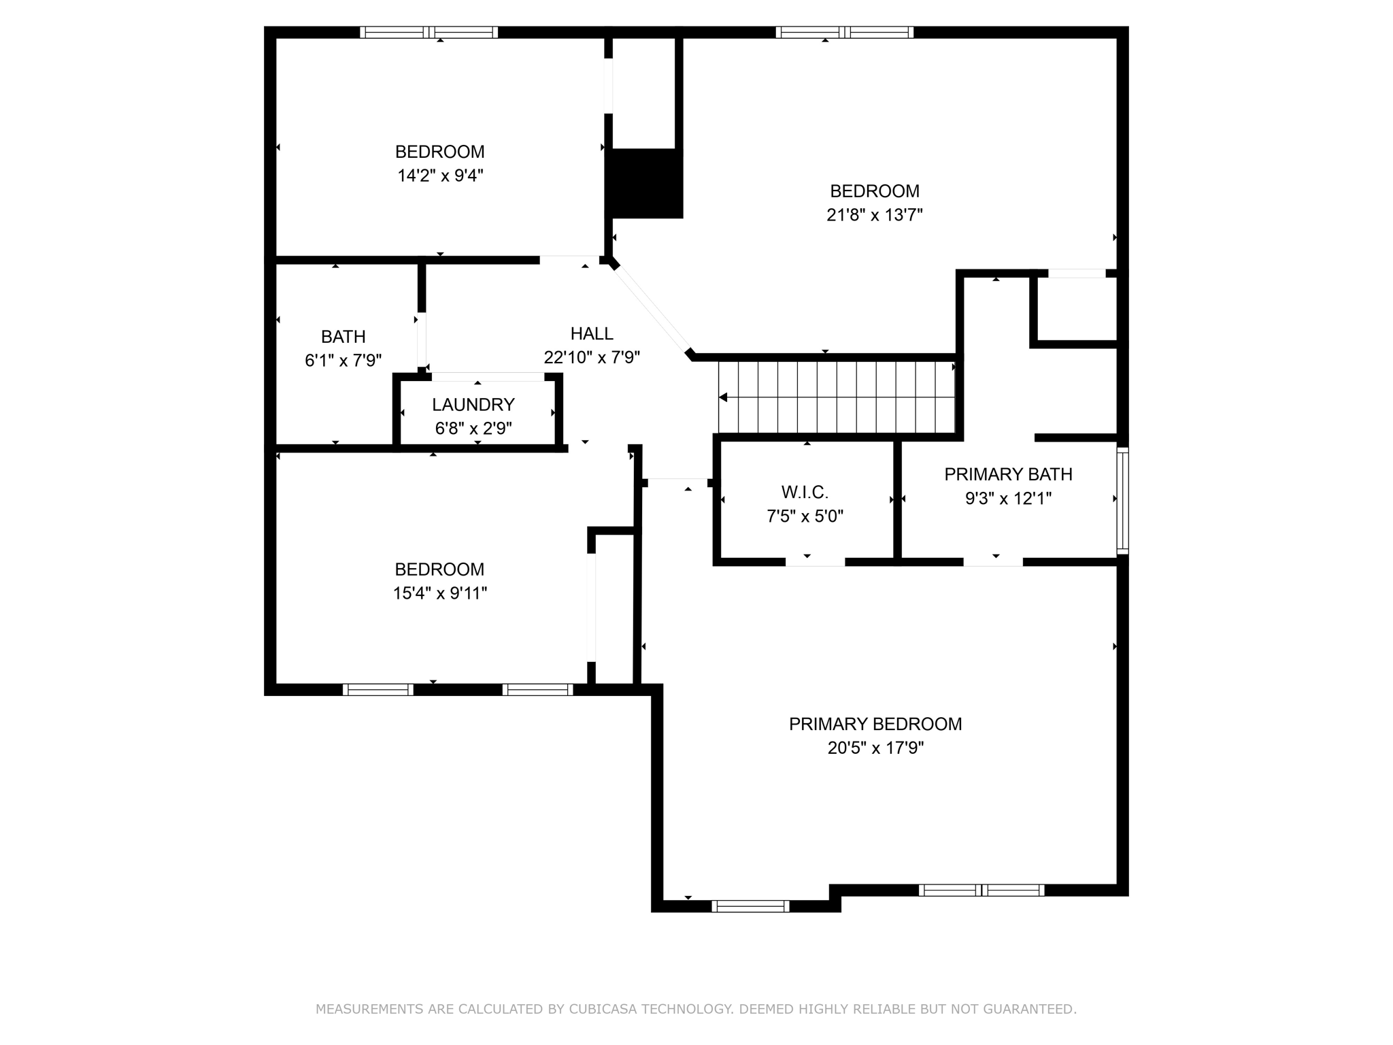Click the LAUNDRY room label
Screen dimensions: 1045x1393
tap(473, 405)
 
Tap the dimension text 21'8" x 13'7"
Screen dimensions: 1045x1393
tap(874, 216)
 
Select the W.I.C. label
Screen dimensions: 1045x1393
tap(805, 492)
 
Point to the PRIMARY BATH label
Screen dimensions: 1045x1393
tap(1008, 474)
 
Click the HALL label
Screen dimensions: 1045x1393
tap(592, 333)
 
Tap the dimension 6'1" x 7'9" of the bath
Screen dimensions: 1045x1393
tap(343, 361)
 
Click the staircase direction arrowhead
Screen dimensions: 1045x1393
tap(724, 397)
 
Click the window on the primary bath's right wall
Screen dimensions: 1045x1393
tap(1122, 501)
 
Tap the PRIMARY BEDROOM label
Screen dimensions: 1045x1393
tap(875, 724)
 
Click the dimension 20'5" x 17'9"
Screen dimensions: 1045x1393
tap(875, 748)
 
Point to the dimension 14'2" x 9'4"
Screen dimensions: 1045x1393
tap(440, 176)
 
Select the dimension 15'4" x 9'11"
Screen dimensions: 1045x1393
tap(439, 593)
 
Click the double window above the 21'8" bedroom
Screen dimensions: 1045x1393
tap(844, 32)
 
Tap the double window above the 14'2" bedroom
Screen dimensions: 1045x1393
tap(429, 32)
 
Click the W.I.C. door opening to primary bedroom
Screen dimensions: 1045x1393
tap(815, 562)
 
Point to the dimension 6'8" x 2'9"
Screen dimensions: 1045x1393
tap(473, 429)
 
